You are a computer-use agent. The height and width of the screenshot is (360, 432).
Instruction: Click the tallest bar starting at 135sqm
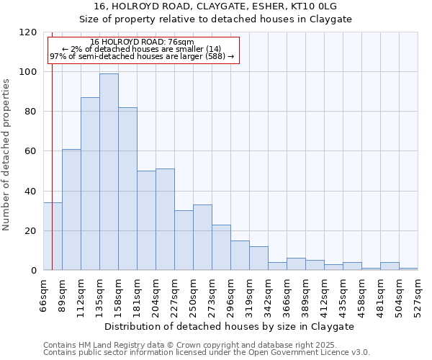109,172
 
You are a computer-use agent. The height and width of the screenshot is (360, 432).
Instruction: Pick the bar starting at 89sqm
71,210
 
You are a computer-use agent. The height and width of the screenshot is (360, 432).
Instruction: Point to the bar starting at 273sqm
221,248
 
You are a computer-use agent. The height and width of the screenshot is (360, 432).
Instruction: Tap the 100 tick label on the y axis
28,72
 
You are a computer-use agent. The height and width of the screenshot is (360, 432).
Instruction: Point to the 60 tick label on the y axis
31,151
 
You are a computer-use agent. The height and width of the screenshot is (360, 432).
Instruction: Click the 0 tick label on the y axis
34,271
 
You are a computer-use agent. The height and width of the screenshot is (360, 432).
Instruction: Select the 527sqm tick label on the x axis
418,294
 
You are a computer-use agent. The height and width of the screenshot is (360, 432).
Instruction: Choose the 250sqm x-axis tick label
193,294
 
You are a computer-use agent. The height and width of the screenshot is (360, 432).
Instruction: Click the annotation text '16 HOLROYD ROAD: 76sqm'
142,42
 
